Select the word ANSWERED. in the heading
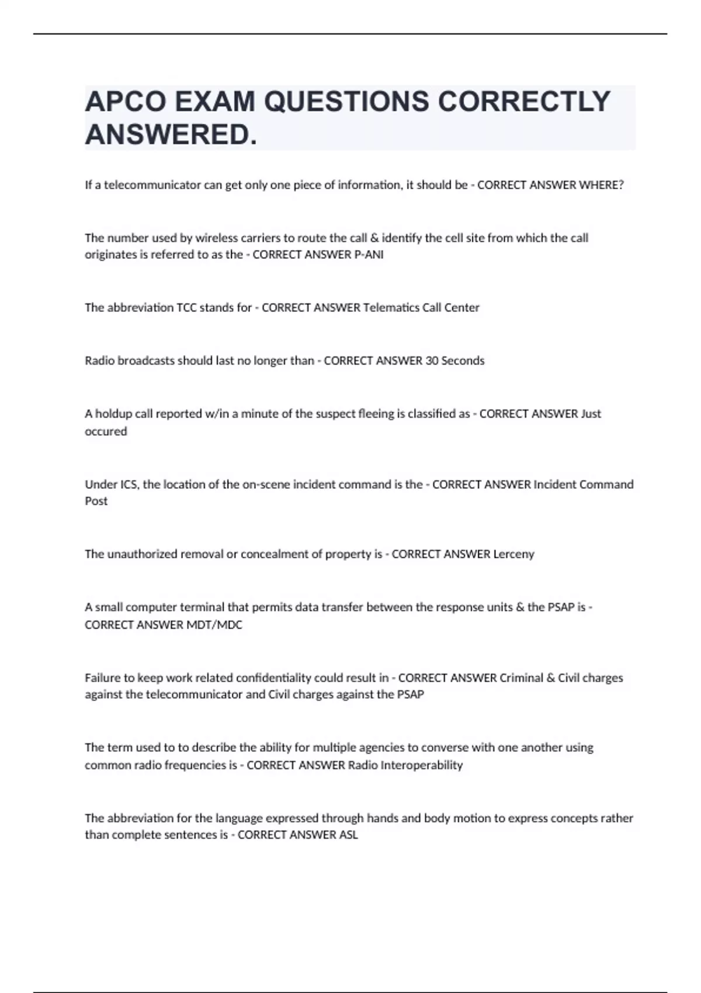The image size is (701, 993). tap(171, 136)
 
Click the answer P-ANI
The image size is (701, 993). tap(369, 255)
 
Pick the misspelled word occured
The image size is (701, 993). tap(106, 432)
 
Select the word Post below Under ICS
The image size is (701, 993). tap(96, 501)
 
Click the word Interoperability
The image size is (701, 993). tap(421, 765)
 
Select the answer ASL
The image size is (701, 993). tap(348, 835)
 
